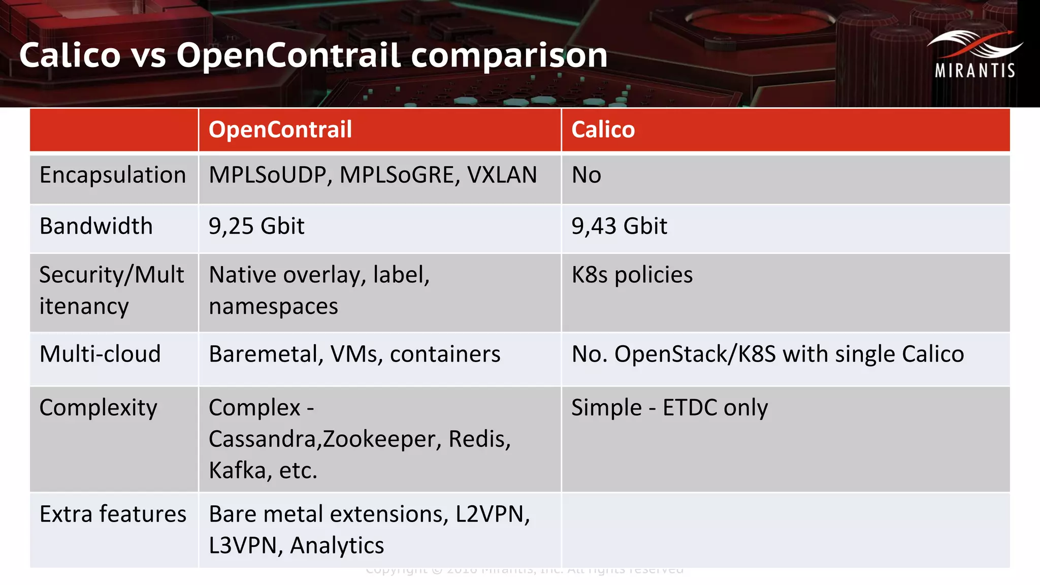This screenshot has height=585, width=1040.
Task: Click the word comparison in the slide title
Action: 509,55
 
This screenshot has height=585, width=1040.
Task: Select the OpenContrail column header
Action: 280,129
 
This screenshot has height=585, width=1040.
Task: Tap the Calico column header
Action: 603,129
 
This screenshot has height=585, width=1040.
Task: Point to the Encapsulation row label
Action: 113,175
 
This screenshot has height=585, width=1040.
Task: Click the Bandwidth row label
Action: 96,226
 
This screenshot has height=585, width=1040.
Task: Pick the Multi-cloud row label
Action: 100,354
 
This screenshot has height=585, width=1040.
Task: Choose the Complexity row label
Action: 99,408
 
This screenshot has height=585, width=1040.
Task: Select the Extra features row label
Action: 113,514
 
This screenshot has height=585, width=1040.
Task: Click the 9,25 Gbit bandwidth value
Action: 256,226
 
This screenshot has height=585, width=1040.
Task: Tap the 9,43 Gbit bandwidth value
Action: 619,226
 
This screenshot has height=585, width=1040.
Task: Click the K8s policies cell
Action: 632,275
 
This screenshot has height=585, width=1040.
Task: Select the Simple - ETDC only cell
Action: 669,408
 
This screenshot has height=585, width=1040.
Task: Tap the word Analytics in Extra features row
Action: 337,545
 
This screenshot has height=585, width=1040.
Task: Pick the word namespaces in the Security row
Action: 273,307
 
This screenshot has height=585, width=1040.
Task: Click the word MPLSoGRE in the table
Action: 400,175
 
